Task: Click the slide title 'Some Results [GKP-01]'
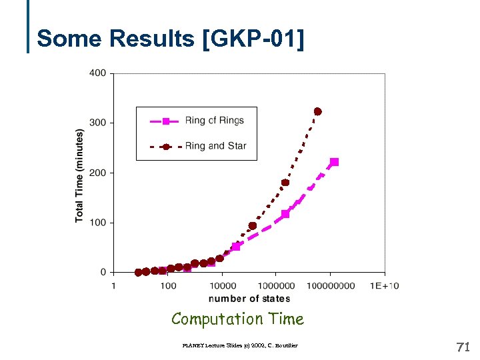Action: [x=171, y=39]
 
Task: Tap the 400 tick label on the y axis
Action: [x=97, y=73]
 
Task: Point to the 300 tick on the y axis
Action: [x=97, y=123]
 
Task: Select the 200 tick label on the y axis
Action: [x=97, y=173]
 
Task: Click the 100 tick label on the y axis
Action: [x=97, y=223]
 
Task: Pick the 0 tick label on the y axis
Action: [x=103, y=272]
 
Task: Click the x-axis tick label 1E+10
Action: [x=385, y=286]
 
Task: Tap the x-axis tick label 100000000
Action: [x=331, y=286]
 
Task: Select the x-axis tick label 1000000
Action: [x=276, y=286]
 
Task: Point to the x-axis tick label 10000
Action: [x=222, y=286]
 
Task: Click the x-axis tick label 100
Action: [x=168, y=286]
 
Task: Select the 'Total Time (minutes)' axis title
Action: [x=79, y=176]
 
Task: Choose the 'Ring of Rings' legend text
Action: [x=214, y=121]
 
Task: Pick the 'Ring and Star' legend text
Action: [x=215, y=146]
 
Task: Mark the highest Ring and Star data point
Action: [x=317, y=111]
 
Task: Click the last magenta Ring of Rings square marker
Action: [x=334, y=162]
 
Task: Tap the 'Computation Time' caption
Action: [x=237, y=319]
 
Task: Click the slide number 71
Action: [x=463, y=347]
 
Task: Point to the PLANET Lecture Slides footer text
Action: [x=239, y=345]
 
